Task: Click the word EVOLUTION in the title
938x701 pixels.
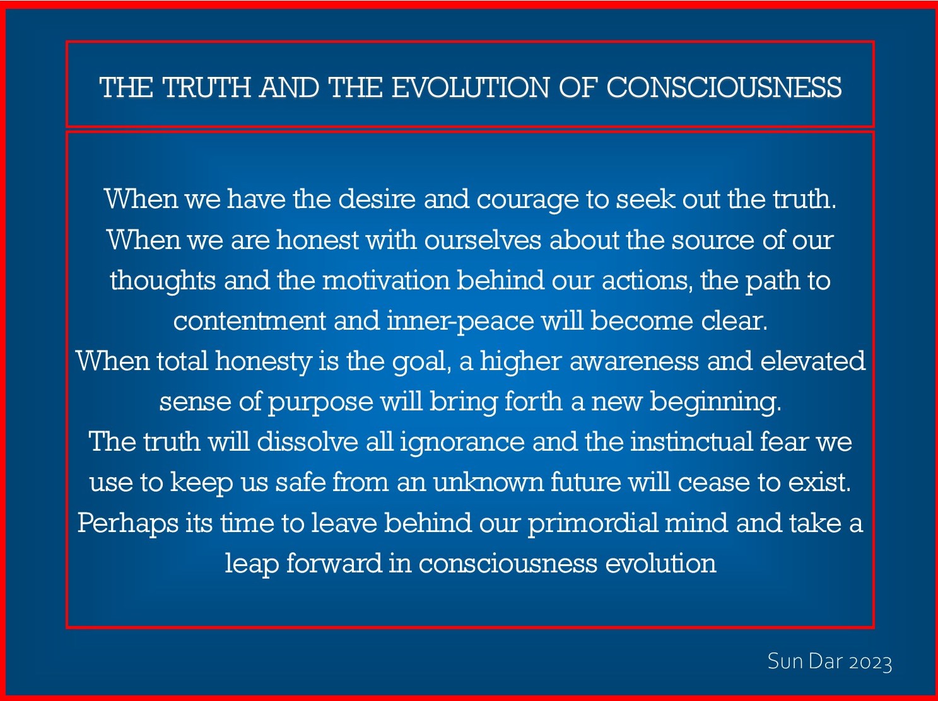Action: (x=470, y=88)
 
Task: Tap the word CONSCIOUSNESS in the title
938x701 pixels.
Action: (x=724, y=88)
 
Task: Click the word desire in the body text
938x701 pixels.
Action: (x=377, y=199)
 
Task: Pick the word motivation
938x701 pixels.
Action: (x=386, y=281)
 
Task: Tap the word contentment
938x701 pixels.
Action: (x=250, y=321)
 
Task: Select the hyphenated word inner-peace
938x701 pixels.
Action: (x=460, y=321)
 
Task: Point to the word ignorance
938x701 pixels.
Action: (x=462, y=443)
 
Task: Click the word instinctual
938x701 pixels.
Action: (x=691, y=441)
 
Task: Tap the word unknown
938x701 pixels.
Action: (x=488, y=482)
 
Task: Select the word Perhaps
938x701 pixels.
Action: (x=128, y=523)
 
